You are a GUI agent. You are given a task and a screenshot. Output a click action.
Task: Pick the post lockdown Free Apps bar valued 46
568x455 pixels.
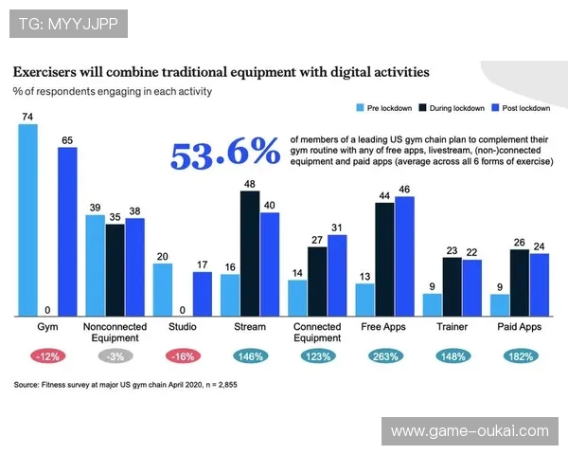pos(405,256)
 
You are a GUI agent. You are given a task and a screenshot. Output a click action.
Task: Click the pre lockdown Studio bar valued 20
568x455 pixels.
pos(163,289)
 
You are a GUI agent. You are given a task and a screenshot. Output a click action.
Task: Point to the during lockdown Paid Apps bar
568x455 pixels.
pos(520,282)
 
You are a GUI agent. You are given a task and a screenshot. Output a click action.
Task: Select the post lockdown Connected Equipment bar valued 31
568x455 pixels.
pos(337,275)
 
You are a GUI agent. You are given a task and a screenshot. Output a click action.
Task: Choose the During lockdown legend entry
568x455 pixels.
pos(455,109)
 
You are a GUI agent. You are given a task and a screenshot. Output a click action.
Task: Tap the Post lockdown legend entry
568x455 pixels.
pos(526,109)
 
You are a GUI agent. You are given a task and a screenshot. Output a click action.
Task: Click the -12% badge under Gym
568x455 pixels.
pos(47,355)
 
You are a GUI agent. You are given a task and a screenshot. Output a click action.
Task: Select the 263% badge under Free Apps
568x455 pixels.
pos(385,355)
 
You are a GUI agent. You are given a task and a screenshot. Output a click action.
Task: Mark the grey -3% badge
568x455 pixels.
pos(115,355)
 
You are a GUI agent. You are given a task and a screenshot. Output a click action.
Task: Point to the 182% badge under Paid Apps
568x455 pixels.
pos(519,355)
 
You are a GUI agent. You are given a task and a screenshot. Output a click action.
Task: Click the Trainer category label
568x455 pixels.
pos(453,327)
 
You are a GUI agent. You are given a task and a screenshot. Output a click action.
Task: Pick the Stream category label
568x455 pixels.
pos(250,327)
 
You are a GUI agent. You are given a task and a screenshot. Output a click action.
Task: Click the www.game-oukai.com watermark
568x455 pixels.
pos(469,431)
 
